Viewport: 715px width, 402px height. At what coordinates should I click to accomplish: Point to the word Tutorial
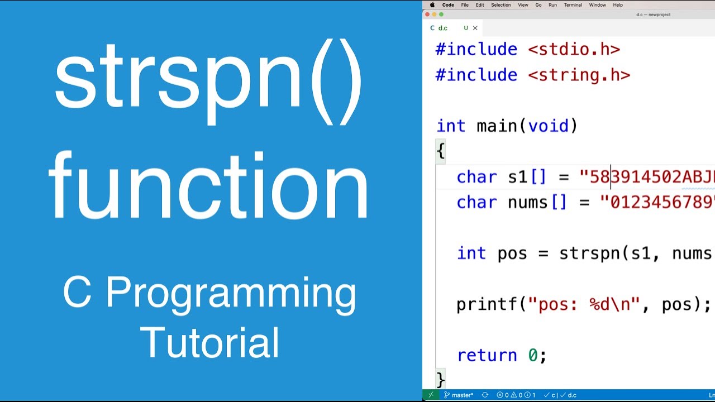coord(209,342)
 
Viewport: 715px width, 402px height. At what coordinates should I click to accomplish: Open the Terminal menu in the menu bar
coord(573,5)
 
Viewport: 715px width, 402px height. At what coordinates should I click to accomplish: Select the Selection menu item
coord(500,5)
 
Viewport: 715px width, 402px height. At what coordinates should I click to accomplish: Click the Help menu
coord(618,5)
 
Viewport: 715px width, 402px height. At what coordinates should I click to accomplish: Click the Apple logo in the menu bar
coord(432,5)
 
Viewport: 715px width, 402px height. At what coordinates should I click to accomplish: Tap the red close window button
coord(428,15)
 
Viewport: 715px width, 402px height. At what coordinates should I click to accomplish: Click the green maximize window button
coord(441,15)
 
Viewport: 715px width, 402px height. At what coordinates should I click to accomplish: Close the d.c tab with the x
coord(475,28)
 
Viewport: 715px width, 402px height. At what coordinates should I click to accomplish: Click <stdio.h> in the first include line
coord(574,49)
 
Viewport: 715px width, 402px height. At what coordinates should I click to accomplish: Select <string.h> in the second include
coord(579,75)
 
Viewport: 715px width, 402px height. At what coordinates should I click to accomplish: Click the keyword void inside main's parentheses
coord(548,126)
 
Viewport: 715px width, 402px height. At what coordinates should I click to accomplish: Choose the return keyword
coord(487,355)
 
